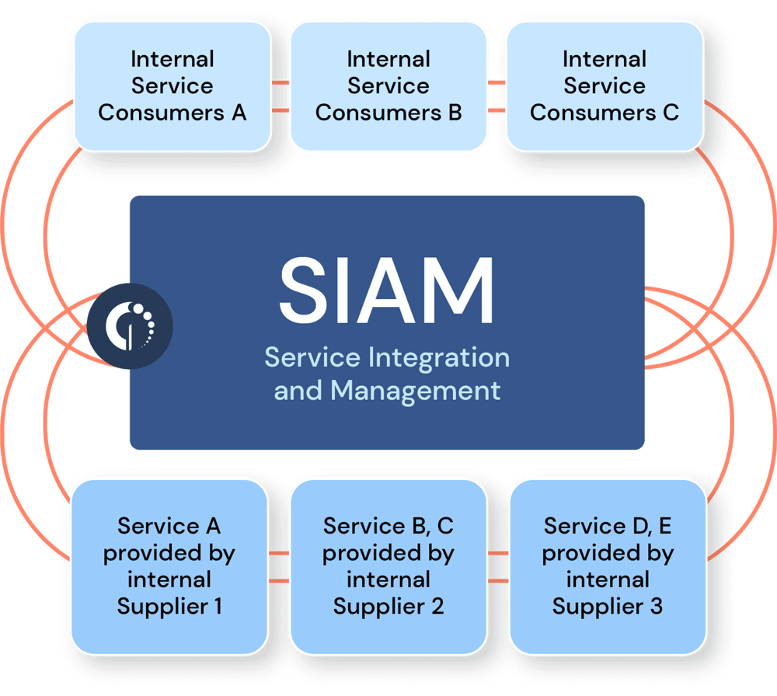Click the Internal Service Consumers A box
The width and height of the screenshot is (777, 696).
tap(172, 85)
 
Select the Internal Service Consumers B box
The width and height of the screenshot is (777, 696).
tap(388, 85)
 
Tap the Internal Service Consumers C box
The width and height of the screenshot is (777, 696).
tap(604, 85)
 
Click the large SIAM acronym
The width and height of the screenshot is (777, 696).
tap(387, 292)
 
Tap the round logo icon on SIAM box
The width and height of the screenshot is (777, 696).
tap(129, 325)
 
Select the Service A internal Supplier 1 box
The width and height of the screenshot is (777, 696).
tap(169, 565)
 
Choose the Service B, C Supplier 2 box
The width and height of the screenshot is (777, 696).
tap(388, 565)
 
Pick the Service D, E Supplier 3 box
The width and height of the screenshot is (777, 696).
tap(608, 565)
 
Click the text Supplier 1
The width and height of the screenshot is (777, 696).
tap(169, 606)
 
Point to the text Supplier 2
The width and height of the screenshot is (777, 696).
tap(388, 606)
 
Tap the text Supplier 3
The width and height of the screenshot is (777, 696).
tap(608, 606)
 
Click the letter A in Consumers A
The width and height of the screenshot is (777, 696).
tap(238, 112)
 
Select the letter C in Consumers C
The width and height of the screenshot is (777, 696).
tap(671, 112)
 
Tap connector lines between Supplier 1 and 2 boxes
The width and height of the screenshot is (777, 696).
tap(279, 567)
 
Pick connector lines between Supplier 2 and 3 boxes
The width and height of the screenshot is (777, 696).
tap(498, 567)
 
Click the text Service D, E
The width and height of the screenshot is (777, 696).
tap(608, 526)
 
